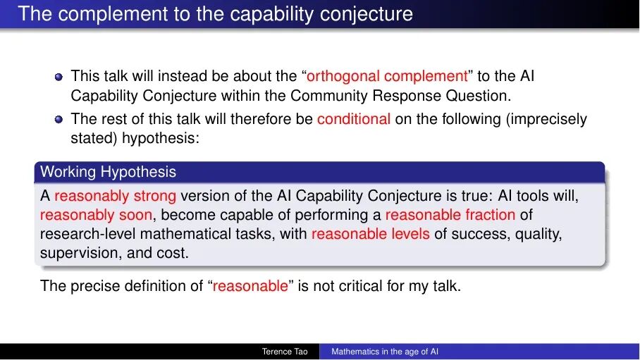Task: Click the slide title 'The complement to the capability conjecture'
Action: click(x=215, y=14)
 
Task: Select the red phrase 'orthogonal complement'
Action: click(x=387, y=76)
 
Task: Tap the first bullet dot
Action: click(x=59, y=77)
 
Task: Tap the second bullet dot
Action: click(x=59, y=119)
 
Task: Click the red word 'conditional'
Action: click(x=353, y=119)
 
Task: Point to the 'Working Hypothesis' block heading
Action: click(x=108, y=172)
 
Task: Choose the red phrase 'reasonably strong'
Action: click(x=115, y=196)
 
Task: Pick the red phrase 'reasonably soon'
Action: click(x=96, y=215)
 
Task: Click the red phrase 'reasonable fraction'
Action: click(x=450, y=215)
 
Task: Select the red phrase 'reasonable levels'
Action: click(x=371, y=234)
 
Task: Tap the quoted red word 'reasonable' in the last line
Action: click(x=250, y=286)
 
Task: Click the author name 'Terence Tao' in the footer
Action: click(x=285, y=352)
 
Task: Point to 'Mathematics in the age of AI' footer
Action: click(x=384, y=352)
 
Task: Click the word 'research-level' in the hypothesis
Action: click(x=88, y=234)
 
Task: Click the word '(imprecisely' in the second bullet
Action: click(x=546, y=119)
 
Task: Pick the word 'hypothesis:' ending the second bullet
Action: click(x=161, y=138)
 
